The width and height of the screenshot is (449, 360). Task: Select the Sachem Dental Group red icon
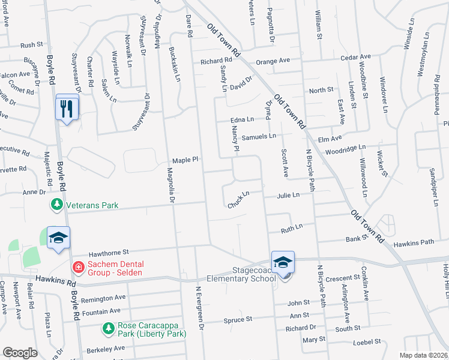click(77, 266)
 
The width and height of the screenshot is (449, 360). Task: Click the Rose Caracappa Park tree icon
click(108, 329)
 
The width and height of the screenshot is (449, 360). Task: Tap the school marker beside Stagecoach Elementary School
click(283, 263)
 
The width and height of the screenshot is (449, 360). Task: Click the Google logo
click(20, 353)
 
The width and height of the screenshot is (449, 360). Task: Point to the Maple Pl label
click(185, 160)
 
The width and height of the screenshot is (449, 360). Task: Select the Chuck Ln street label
click(238, 200)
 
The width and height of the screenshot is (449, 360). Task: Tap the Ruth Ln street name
click(292, 228)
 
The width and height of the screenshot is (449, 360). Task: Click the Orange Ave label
click(273, 61)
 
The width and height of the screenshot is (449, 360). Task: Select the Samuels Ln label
click(259, 136)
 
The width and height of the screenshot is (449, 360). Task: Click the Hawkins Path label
click(414, 243)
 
